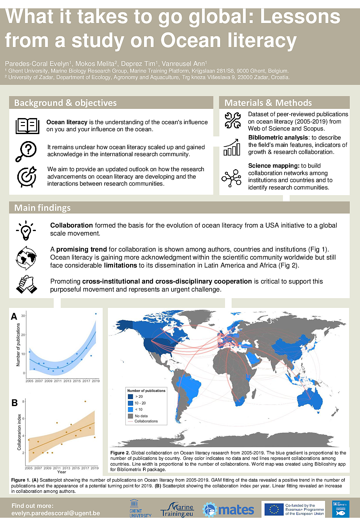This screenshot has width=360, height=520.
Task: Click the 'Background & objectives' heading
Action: click(x=65, y=103)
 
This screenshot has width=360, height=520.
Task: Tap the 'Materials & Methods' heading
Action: click(x=268, y=103)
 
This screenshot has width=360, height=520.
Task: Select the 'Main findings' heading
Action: click(x=42, y=208)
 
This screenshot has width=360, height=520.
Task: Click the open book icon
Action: click(x=28, y=125)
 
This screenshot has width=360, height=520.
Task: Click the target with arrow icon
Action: click(x=27, y=176)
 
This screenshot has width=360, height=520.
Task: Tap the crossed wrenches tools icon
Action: click(x=233, y=121)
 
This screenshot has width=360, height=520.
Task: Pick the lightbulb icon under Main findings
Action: click(x=26, y=229)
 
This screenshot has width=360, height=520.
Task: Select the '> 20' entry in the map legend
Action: click(x=139, y=396)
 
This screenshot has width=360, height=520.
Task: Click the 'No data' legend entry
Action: click(x=141, y=416)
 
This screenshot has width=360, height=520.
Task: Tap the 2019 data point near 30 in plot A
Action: click(x=96, y=314)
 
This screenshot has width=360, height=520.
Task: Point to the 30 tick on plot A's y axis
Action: click(x=23, y=316)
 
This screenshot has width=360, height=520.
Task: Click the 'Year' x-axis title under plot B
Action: click(x=61, y=472)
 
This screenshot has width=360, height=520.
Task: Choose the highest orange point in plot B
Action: click(x=85, y=401)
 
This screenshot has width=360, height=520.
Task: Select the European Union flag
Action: click(x=274, y=509)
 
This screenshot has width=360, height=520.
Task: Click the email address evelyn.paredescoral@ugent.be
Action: click(x=56, y=513)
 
